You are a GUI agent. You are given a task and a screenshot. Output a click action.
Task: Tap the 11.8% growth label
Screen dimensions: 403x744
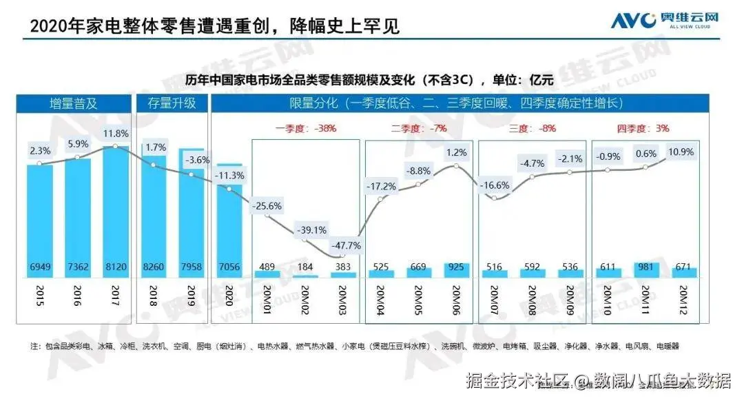[114, 133]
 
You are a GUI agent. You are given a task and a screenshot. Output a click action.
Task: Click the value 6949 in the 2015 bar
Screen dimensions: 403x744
[40, 267]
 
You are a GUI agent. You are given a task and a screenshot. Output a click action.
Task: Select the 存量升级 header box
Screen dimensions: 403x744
[172, 104]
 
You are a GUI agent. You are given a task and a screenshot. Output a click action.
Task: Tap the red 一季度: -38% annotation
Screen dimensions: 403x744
[306, 128]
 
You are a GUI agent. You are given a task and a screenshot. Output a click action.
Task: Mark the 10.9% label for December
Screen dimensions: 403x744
[681, 152]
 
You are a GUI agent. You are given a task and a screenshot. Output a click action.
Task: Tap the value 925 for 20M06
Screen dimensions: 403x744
[456, 267]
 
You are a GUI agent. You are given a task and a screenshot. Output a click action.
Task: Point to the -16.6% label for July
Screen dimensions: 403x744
[494, 185]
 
